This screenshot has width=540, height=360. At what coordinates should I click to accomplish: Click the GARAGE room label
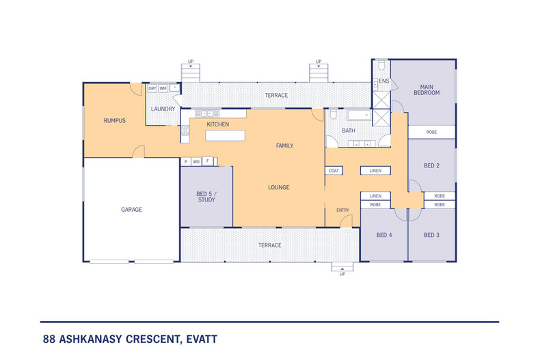pos(131,210)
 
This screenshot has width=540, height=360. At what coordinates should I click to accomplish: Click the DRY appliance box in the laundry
pos(152,88)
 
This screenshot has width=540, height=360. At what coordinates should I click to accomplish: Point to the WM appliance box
pos(163,88)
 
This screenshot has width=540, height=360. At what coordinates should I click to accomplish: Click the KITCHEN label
pos(217,124)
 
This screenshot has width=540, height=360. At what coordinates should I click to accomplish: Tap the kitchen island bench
pos(224,136)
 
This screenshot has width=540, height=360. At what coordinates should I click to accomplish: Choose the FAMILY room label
pos(284,146)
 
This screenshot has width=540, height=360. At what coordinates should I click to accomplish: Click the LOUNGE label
pos(278,187)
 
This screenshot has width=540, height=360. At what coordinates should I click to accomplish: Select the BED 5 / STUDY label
pos(206,196)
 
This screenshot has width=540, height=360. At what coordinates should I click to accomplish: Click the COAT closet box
pos(334,170)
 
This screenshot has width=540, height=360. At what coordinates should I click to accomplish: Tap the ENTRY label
pos(342,210)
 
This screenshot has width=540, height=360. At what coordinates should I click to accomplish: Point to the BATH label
pos(349,130)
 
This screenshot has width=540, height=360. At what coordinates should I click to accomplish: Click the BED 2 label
pos(431,165)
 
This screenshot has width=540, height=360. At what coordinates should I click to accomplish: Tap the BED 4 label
pos(383,236)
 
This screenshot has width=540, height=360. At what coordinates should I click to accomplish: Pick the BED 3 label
pos(431,236)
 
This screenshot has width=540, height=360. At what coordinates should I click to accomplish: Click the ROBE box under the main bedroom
pos(431,132)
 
